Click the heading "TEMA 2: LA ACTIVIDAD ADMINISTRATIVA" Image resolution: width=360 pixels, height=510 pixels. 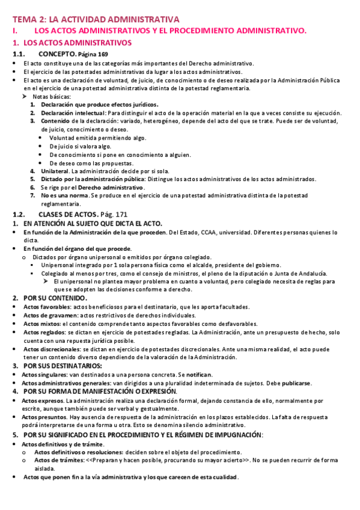(x=96, y=19)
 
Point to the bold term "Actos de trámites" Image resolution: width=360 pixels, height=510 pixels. (x=58, y=460)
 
